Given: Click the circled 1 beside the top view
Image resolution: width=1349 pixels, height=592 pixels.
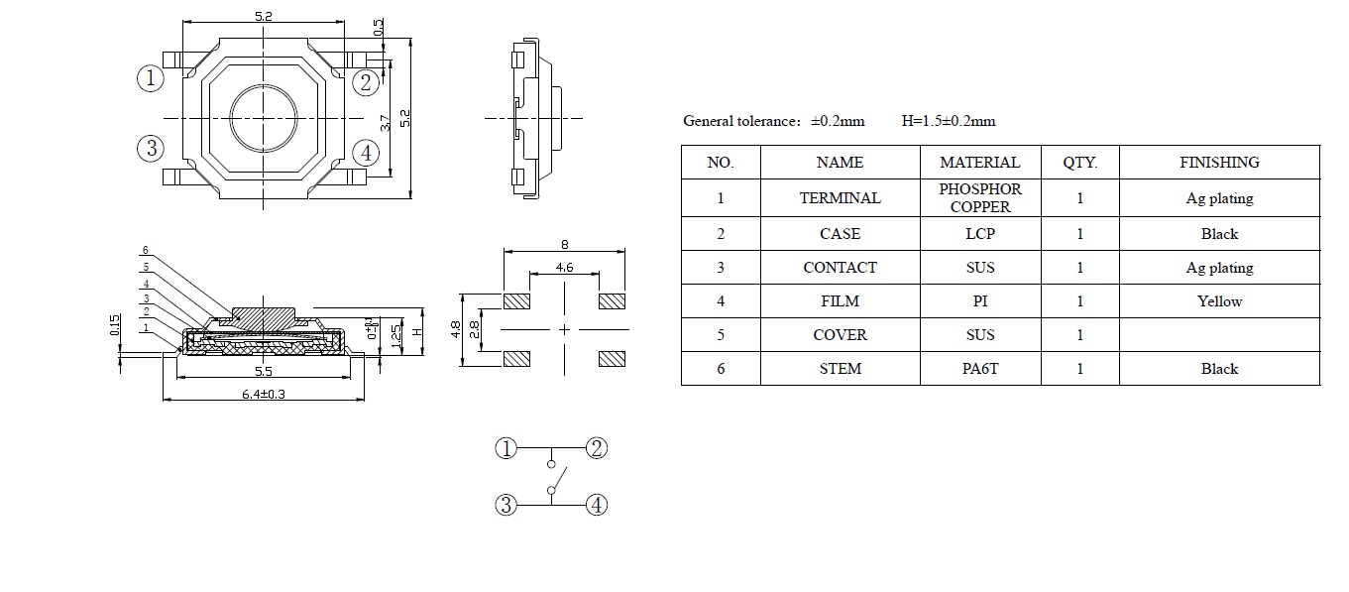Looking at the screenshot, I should pos(150,78).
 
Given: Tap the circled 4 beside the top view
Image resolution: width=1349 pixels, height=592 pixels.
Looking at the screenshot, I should pos(366,153).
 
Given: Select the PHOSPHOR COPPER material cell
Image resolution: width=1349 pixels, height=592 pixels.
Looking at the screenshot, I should pos(979,197).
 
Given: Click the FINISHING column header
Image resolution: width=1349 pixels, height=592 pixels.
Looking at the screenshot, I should pos(1219,162).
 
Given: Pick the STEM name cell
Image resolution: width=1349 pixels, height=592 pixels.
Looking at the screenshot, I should pos(840,369).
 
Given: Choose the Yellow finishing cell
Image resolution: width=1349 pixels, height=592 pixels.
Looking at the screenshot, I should pos(1219,301).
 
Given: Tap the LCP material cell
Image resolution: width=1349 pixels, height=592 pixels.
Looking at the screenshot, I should pos(979,234).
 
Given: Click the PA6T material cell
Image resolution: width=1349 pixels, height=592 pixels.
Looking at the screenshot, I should pos(979,369).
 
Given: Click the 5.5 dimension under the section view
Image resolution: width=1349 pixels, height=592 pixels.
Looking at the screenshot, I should pos(265,371).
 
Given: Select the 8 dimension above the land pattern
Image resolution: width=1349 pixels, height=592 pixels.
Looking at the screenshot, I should pos(565,244).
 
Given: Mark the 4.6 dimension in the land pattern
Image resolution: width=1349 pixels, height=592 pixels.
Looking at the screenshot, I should pos(564,267).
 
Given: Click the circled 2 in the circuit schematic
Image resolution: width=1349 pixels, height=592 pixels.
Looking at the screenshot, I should pos(596,448).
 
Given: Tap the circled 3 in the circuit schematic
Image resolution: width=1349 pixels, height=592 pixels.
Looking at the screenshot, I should pos(506,505).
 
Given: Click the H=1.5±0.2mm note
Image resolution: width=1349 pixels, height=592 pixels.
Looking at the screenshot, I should pos(948,121).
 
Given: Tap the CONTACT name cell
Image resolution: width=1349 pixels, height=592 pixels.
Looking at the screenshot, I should pos(840,268).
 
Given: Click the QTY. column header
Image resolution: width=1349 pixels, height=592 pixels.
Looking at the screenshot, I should pos(1079,162).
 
